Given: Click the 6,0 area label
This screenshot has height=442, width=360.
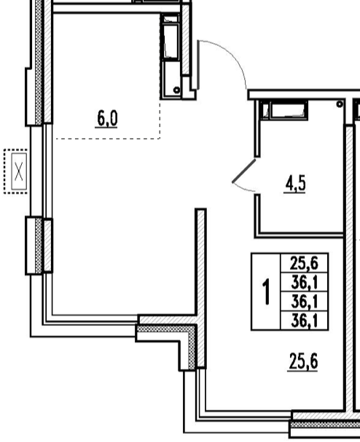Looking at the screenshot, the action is click(x=107, y=118).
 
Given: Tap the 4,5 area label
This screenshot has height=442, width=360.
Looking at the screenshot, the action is click(x=295, y=185).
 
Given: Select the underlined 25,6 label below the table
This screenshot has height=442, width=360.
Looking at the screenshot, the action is click(x=303, y=362).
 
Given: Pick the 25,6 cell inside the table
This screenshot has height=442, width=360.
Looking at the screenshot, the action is click(x=304, y=264).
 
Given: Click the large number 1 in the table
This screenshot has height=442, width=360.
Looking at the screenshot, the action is click(x=266, y=292).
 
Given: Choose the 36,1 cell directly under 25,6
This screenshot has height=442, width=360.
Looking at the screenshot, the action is click(x=305, y=283).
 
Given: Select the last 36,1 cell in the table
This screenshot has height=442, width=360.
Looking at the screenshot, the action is click(x=305, y=321).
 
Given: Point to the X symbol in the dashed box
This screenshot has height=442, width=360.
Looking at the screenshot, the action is click(x=19, y=171).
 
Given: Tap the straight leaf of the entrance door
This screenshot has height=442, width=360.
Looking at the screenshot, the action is click(x=198, y=65).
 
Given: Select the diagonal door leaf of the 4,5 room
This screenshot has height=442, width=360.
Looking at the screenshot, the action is click(x=244, y=171).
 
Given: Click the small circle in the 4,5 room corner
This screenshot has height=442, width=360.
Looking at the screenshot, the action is click(x=340, y=104).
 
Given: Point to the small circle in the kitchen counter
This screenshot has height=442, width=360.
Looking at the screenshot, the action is click(x=177, y=90).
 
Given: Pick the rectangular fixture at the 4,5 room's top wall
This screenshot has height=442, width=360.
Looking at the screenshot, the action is click(x=285, y=110).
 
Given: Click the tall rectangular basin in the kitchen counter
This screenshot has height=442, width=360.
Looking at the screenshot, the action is click(x=171, y=41).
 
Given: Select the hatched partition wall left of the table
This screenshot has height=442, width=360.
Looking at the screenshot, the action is click(x=201, y=288).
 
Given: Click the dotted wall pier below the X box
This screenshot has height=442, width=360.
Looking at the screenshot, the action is click(x=39, y=246).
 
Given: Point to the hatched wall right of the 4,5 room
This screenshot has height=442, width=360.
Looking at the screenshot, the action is click(x=349, y=268).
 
